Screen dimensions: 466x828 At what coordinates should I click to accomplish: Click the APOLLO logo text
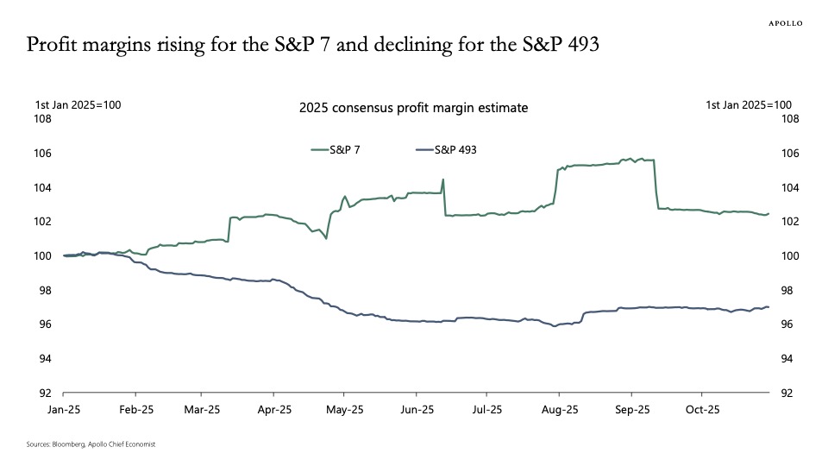click(x=785, y=23)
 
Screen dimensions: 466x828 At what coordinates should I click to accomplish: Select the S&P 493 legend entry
click(x=455, y=149)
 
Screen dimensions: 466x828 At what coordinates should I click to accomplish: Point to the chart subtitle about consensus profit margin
click(x=413, y=109)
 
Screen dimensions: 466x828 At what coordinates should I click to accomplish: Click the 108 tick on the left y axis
click(x=43, y=119)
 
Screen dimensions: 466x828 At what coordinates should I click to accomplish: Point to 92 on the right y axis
click(x=787, y=393)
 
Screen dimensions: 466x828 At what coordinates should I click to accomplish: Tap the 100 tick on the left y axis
click(x=43, y=256)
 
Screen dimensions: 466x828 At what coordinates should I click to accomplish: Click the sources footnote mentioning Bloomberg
click(x=91, y=444)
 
